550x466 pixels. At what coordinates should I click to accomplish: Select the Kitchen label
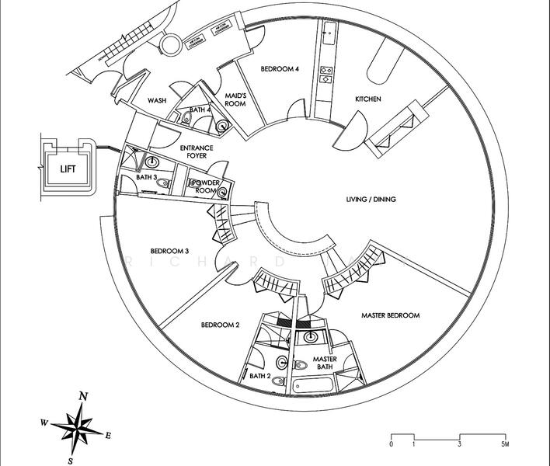click(367, 99)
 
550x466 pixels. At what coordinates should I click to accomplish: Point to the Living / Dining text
click(371, 200)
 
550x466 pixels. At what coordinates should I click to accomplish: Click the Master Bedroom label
click(391, 315)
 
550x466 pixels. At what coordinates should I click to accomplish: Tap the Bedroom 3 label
click(170, 251)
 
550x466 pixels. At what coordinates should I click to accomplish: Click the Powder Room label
click(206, 186)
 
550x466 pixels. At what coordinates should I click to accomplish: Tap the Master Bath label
click(325, 363)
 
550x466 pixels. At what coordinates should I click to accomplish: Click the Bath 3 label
click(146, 178)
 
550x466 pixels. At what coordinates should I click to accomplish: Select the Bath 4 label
click(200, 110)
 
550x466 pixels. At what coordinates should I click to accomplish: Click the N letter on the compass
click(83, 396)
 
